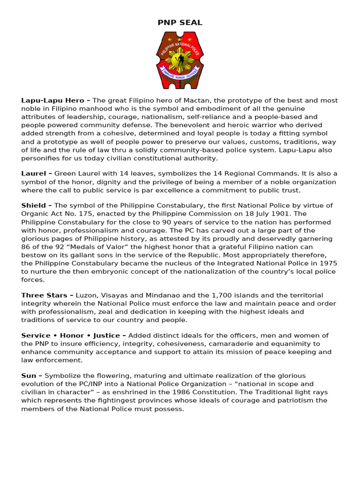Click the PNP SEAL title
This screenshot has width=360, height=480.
[180, 22]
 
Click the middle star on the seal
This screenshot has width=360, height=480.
[180, 40]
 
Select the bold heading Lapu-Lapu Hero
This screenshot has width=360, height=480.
[52, 100]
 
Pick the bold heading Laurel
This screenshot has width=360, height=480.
[34, 173]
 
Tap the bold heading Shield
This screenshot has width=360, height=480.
[34, 205]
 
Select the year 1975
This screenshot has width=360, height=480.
[327, 263]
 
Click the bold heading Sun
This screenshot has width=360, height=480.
[29, 375]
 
